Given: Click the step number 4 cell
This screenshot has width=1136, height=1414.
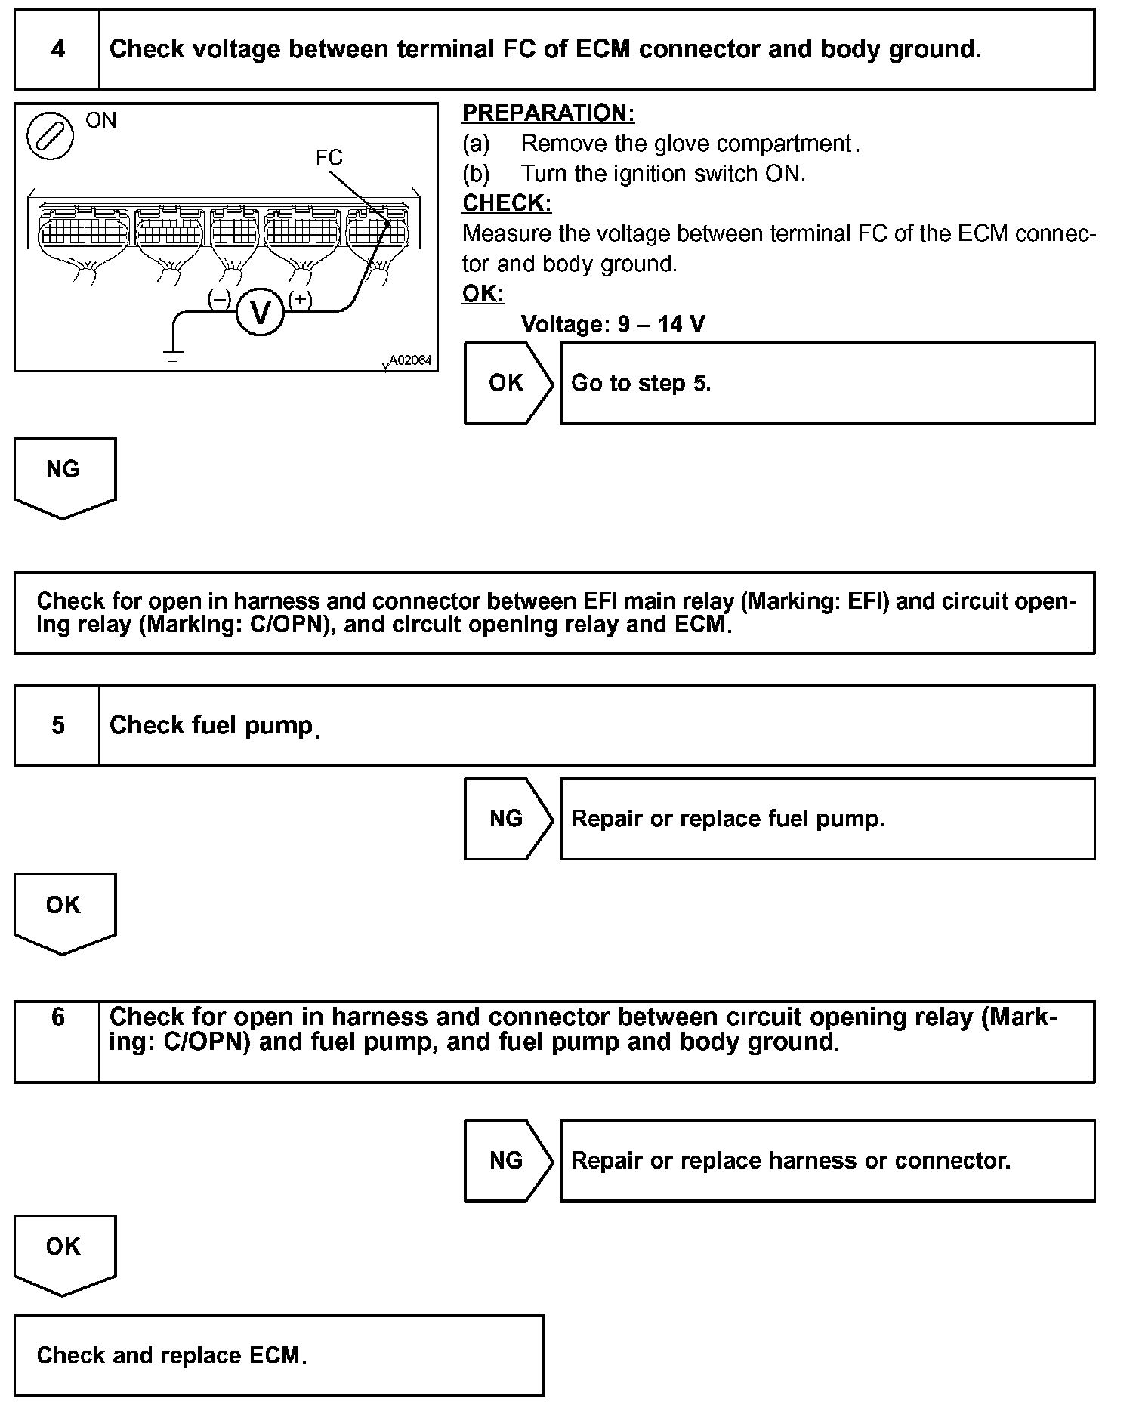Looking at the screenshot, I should coord(57,50).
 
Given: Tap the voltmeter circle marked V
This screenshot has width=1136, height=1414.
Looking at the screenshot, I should coord(261,312).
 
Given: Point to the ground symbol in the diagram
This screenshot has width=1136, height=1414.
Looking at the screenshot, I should coord(174,356).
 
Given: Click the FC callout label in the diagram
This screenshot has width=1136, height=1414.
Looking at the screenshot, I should coord(329,157).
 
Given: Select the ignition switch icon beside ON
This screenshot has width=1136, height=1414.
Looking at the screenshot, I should coord(50,137).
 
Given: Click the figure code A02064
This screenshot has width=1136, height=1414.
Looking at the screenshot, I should coord(410,360).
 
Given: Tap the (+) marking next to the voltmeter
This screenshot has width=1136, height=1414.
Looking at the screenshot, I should coord(300,299).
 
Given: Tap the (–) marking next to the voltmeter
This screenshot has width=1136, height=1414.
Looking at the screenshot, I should coord(219,299).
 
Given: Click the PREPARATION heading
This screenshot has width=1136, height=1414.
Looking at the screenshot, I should coord(548,113).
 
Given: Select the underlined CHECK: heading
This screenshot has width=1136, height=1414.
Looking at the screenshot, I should coord(507,203).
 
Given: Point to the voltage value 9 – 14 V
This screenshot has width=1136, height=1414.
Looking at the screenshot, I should coord(662,324).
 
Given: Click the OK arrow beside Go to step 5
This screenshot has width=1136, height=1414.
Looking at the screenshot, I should coord(508,383).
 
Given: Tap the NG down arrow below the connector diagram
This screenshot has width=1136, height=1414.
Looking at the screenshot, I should coord(64,477).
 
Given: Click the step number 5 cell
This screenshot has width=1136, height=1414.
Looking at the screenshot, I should coord(57,726).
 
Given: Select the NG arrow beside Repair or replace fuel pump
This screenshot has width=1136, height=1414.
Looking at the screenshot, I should coord(508,819).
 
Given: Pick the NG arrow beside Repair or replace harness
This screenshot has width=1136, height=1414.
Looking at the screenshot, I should coord(508,1160).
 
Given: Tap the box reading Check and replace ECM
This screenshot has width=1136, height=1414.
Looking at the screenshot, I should coord(279,1355).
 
